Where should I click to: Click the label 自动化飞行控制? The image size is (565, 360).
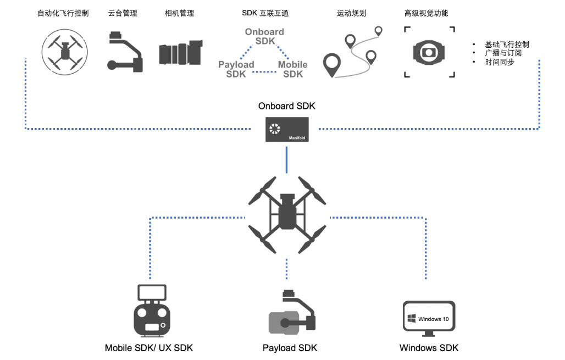point(63,13)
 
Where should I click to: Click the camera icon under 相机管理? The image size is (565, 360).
point(181,53)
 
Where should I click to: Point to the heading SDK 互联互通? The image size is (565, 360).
point(265,13)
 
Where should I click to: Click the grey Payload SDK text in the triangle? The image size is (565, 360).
point(236,69)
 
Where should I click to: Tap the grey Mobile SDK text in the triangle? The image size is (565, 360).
point(293,69)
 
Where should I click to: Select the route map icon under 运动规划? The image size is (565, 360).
point(352,53)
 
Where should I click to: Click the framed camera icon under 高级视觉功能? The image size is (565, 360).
point(429,53)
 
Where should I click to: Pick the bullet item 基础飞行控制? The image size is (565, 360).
point(506,45)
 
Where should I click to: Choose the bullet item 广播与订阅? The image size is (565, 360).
point(503,53)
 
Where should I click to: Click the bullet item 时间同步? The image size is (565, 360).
point(499,62)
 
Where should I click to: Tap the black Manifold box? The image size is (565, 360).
point(286,129)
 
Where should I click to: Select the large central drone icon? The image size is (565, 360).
point(287,211)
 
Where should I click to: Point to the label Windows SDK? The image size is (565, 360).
point(429,348)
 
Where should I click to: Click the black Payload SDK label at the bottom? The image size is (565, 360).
point(290,348)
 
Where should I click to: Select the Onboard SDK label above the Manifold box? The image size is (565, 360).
point(286,106)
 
